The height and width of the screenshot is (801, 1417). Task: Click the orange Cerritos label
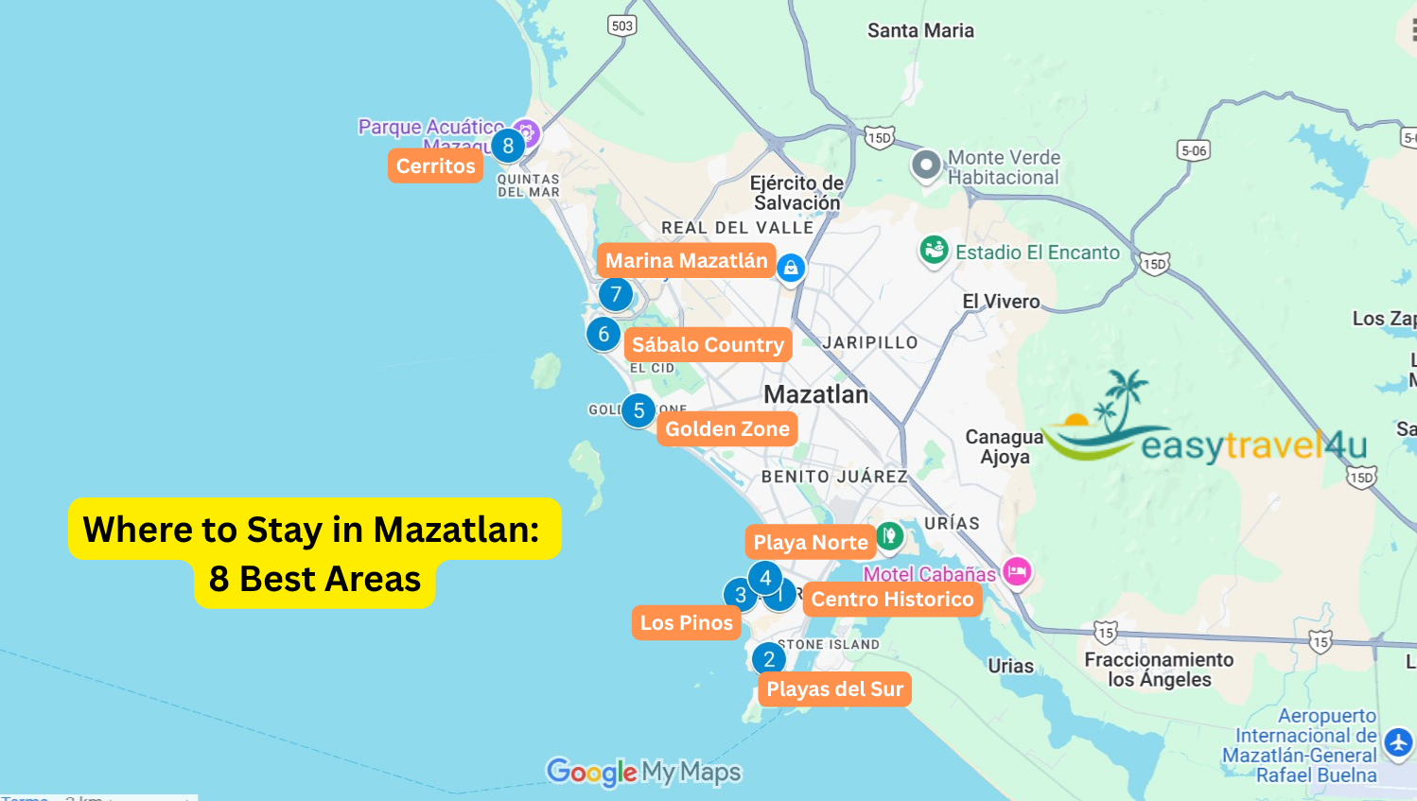435,165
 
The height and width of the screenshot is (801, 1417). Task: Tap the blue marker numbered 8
508,146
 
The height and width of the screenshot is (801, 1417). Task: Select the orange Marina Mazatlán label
686,260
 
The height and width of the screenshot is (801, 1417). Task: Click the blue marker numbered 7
616,294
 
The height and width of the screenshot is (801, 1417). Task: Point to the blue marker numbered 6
604,334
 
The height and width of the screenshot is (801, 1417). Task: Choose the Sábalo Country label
708,344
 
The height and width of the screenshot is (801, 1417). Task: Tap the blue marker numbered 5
639,410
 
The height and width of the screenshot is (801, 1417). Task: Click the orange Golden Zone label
726,428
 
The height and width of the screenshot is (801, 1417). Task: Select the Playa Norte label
811,542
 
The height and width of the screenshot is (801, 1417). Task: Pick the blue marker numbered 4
765,577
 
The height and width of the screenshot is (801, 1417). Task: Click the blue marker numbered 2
769,659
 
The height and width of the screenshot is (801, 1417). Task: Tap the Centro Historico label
892,599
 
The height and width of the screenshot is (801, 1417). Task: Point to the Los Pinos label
686,622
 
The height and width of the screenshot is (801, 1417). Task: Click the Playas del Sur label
834,688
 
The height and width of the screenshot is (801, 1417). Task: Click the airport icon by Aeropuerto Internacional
1398,742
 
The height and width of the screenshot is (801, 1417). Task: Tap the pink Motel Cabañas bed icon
1017,571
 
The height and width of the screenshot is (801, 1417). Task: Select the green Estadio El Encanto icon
935,251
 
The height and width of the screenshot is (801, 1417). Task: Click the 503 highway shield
622,26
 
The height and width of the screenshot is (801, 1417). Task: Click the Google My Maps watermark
643,772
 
